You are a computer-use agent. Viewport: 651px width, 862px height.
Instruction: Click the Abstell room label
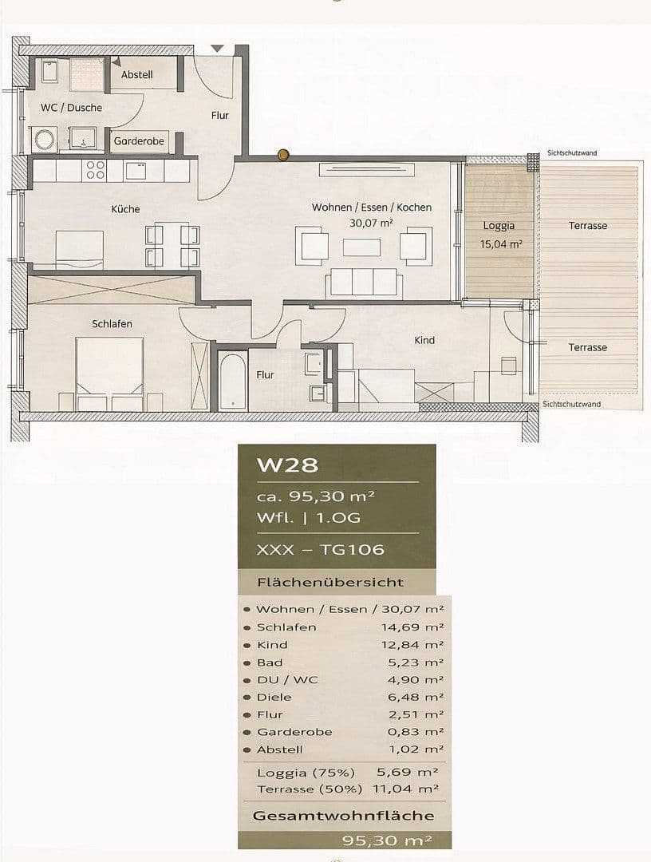click(x=136, y=74)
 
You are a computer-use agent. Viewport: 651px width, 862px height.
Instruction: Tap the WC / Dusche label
click(x=71, y=107)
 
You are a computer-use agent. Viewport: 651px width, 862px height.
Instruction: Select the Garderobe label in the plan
click(x=139, y=140)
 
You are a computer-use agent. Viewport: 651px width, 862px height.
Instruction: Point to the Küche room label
click(x=125, y=209)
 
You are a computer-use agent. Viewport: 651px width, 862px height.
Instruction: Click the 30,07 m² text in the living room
click(x=371, y=224)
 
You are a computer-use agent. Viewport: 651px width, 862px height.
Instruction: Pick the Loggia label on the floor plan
click(x=499, y=226)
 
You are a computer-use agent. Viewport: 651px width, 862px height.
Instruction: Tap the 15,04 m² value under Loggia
click(x=501, y=245)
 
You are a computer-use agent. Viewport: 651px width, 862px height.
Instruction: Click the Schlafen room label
click(x=112, y=323)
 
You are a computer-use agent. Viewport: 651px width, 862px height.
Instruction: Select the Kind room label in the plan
click(x=424, y=340)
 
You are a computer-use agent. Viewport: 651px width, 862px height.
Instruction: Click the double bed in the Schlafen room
click(x=109, y=374)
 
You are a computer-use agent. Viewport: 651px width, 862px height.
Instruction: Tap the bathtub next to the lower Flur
click(x=233, y=381)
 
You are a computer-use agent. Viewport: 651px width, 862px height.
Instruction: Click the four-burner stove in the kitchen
click(x=96, y=170)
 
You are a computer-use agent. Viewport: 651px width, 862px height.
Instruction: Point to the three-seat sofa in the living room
click(x=363, y=282)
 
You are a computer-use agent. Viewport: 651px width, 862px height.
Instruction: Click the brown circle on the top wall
click(x=282, y=155)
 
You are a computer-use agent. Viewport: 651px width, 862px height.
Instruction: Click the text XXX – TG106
click(x=320, y=549)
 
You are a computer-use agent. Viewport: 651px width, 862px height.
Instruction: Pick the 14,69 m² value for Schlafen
click(x=412, y=627)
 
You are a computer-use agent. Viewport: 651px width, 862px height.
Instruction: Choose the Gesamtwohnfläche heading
click(x=343, y=816)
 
